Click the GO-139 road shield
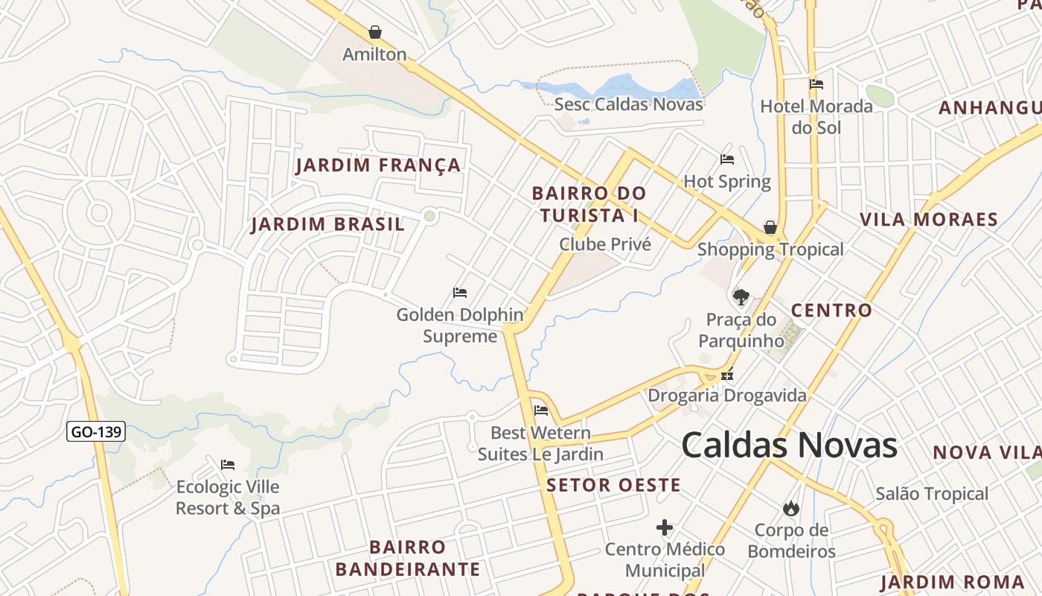coord(96,431)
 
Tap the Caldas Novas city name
coord(789,445)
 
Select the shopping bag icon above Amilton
coord(375,32)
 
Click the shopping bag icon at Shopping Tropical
coord(770,226)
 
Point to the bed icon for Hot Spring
coord(727,159)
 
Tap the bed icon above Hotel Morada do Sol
coord(816,84)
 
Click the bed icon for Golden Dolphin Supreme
coord(460,293)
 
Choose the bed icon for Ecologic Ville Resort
coord(228,465)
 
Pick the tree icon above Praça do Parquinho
coord(741,297)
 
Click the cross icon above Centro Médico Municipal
coord(665,527)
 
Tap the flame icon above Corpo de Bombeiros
coord(790,508)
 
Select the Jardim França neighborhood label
coord(378,165)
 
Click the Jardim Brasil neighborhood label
coord(327,223)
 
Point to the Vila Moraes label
coord(928,219)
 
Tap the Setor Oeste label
coord(613,486)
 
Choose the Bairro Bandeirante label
coord(407,558)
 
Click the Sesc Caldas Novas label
coord(628,104)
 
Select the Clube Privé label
coord(605,244)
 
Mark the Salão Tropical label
coord(932,493)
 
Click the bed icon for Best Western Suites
coord(541,410)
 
